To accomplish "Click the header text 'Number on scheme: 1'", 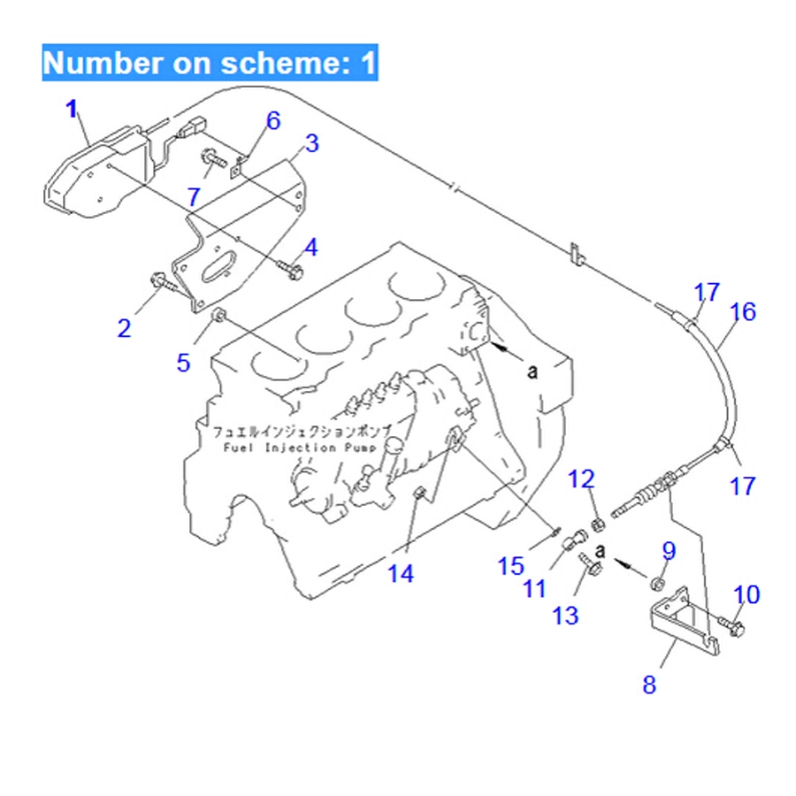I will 210,63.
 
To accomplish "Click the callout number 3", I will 312,143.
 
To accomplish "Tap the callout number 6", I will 272,120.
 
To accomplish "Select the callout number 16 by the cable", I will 744,311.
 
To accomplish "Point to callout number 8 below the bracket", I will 650,685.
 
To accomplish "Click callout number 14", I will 400,574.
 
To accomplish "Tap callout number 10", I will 746,594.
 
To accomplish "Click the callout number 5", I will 183,362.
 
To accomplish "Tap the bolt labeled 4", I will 289,267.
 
